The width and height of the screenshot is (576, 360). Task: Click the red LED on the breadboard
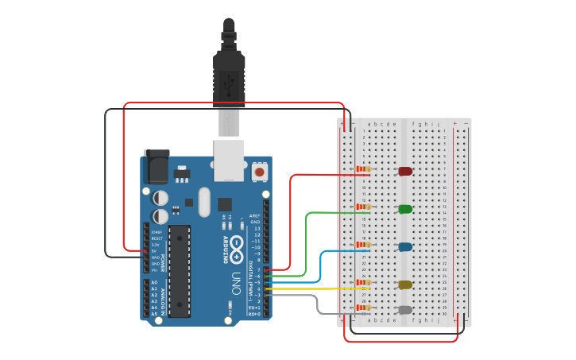pos(405,171)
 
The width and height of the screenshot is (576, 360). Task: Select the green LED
pos(405,209)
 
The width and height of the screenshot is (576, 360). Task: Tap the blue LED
pos(405,247)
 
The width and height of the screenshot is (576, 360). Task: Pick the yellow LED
pos(405,285)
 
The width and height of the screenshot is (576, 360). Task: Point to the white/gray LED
pos(405,310)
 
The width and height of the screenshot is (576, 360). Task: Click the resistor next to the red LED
pos(364,169)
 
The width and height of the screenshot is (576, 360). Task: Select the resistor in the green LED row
pos(364,207)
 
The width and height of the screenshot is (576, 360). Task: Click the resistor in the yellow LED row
pos(364,282)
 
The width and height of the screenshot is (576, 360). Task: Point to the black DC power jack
pos(156,167)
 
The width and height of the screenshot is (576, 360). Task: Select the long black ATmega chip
pos(180,271)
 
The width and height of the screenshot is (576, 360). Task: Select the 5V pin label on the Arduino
pos(157,251)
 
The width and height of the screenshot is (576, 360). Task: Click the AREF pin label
pos(255,216)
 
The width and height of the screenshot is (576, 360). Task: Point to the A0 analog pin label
pos(155,282)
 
